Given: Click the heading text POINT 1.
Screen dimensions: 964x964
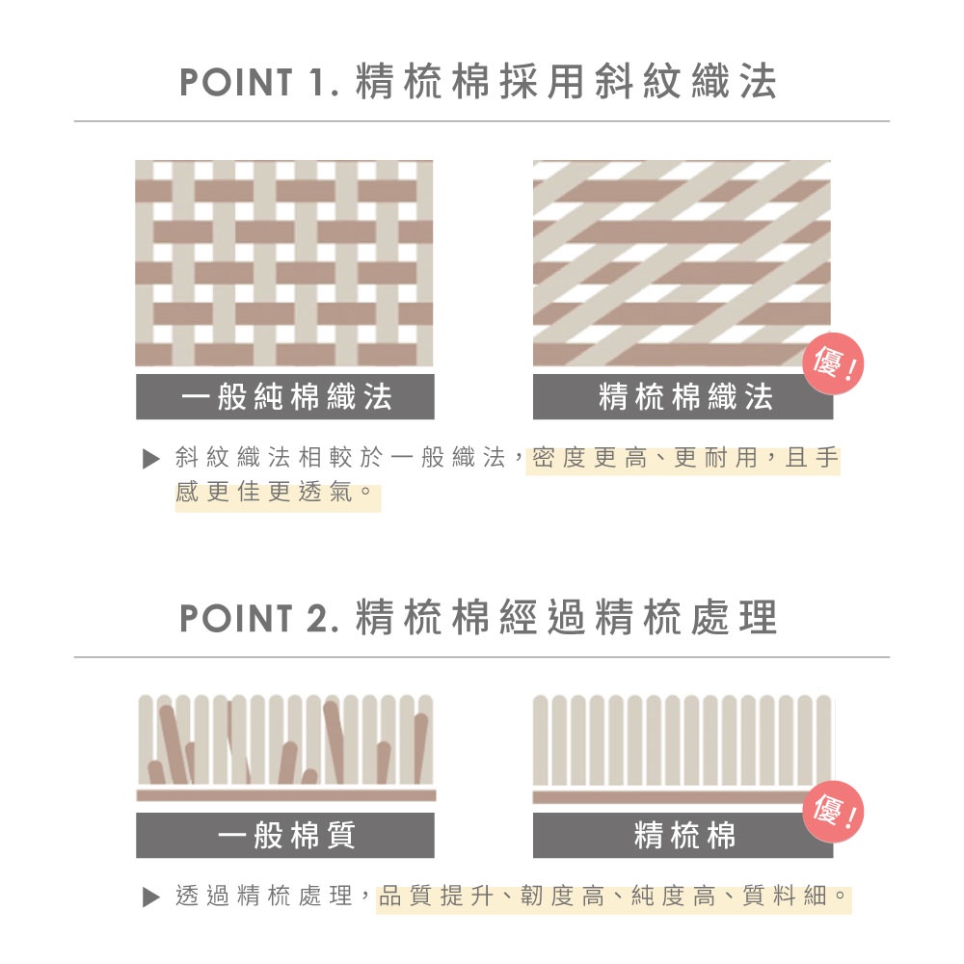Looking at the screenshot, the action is [x=258, y=82].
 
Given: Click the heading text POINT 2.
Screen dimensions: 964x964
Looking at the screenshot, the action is [x=258, y=618].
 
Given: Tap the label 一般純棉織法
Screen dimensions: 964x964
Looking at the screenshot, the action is [x=286, y=396].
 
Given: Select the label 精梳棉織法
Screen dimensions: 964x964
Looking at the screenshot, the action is [x=684, y=396].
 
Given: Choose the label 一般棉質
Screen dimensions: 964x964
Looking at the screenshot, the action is [x=286, y=835].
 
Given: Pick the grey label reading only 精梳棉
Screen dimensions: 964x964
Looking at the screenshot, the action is [x=684, y=835].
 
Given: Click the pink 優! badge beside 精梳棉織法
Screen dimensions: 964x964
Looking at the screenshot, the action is [x=834, y=364].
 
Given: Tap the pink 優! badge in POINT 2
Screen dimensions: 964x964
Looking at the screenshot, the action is [x=834, y=812].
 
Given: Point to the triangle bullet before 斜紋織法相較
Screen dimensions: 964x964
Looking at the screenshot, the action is [x=151, y=459].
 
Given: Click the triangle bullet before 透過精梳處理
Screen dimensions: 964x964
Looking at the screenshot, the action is [x=151, y=897].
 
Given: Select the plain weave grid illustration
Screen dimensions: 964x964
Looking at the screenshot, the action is [x=284, y=263].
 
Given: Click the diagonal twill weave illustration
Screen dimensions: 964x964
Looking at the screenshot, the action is [x=682, y=263].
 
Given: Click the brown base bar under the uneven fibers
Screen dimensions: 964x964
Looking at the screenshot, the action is [x=286, y=795].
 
